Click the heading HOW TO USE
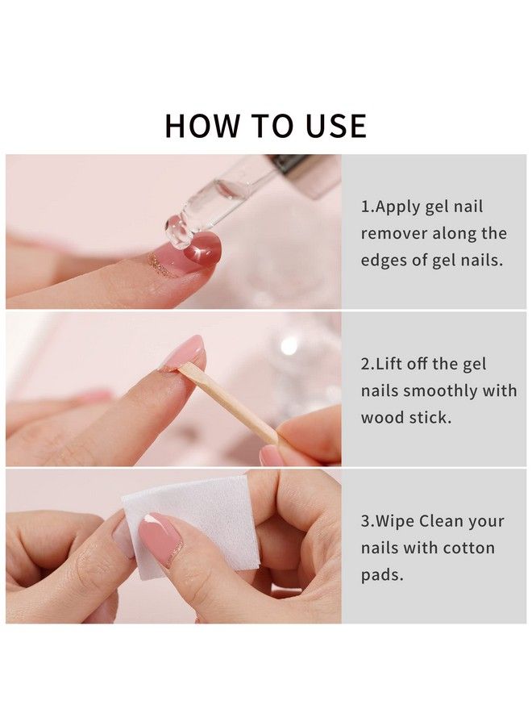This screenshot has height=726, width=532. (266, 126)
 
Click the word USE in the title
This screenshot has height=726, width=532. (330, 126)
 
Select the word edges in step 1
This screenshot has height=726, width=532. (384, 260)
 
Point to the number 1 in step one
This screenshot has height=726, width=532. (365, 207)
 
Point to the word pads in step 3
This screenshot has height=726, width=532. (381, 574)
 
